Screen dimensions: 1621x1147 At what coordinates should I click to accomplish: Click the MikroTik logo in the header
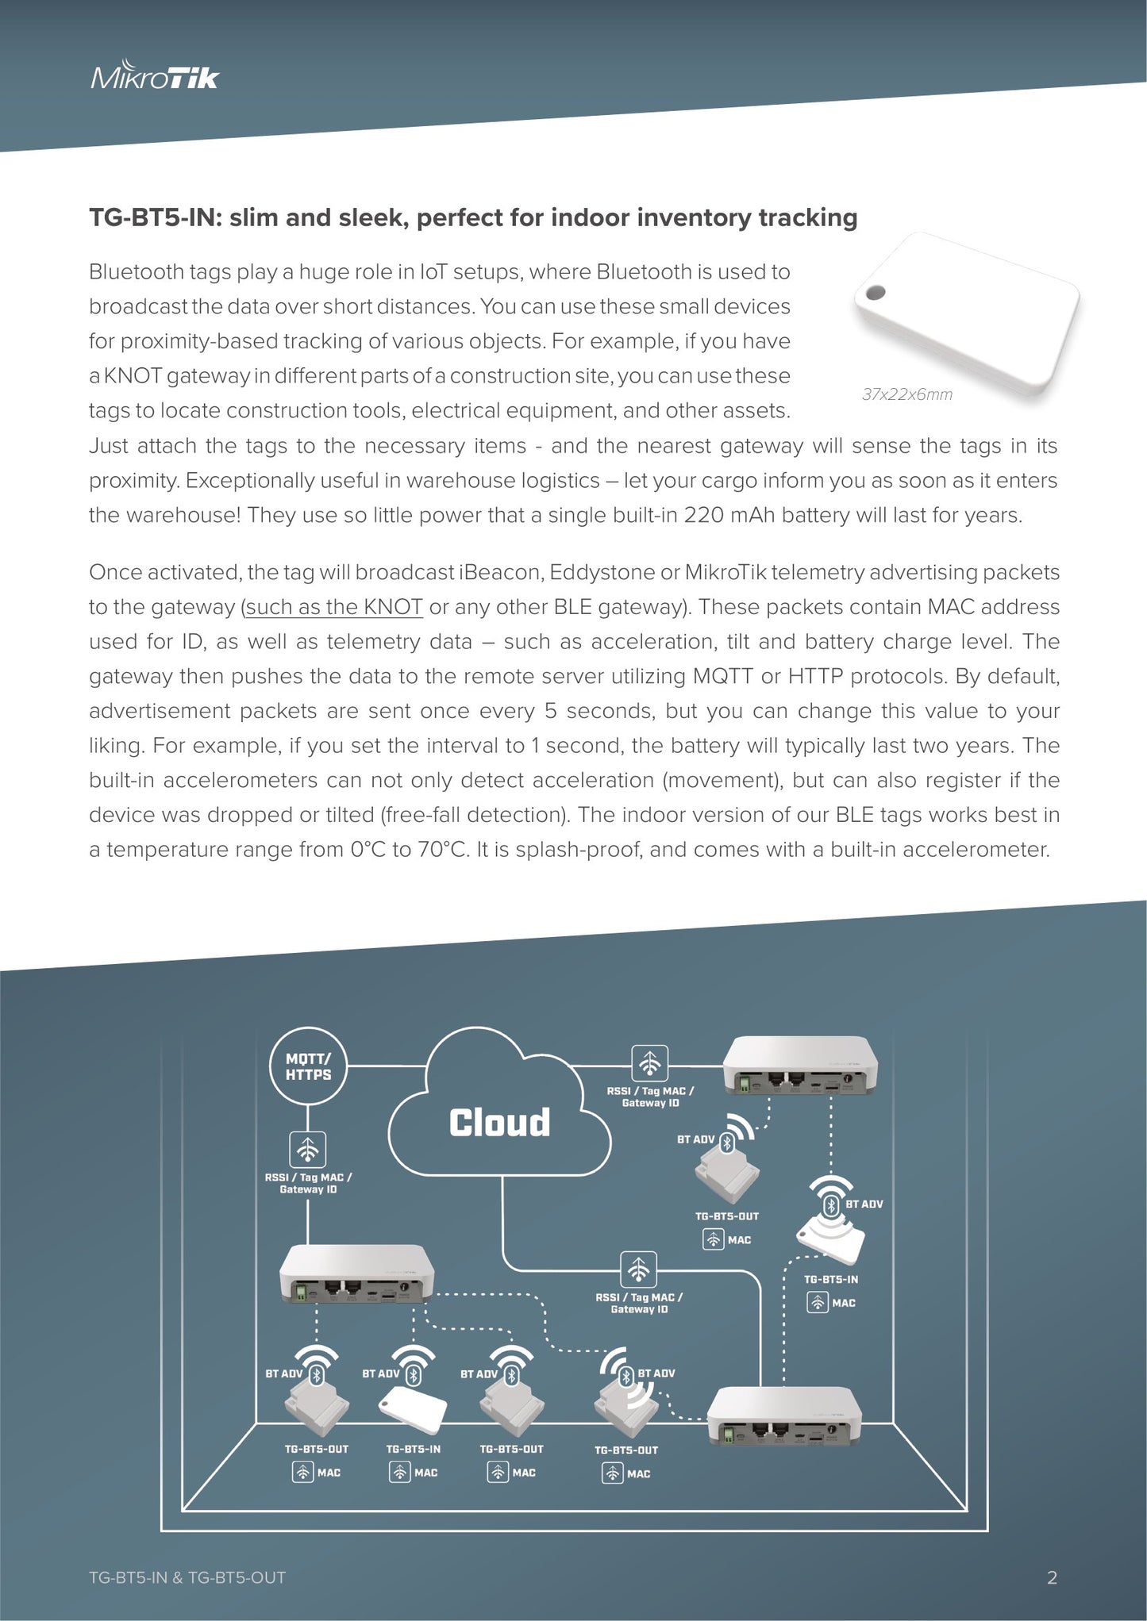coord(155,76)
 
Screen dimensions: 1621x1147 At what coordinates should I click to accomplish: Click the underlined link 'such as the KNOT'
coord(333,607)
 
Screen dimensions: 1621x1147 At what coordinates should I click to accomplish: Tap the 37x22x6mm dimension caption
coord(907,394)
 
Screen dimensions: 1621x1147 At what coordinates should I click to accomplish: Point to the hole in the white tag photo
coord(876,293)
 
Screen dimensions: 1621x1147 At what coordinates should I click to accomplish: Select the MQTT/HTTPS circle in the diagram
coord(308,1066)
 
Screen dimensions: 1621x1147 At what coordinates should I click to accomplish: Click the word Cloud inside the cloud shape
coord(499,1123)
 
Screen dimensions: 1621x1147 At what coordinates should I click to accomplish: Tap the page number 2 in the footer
coord(1052,1577)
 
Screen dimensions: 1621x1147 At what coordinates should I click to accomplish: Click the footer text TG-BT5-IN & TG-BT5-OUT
coord(187,1577)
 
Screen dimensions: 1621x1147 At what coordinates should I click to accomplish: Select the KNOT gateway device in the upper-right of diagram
coord(800,1065)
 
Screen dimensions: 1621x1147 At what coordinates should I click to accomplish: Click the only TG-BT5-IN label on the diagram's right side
coord(831,1279)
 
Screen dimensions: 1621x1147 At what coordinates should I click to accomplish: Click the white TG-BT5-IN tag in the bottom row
coord(413,1410)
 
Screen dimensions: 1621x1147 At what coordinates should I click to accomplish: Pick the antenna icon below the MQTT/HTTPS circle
coord(308,1149)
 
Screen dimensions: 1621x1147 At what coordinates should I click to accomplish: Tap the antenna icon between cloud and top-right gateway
coord(649,1062)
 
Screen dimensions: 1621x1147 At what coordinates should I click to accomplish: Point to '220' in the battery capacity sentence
coord(703,515)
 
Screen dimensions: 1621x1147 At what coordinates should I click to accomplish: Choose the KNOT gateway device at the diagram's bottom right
coord(784,1416)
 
